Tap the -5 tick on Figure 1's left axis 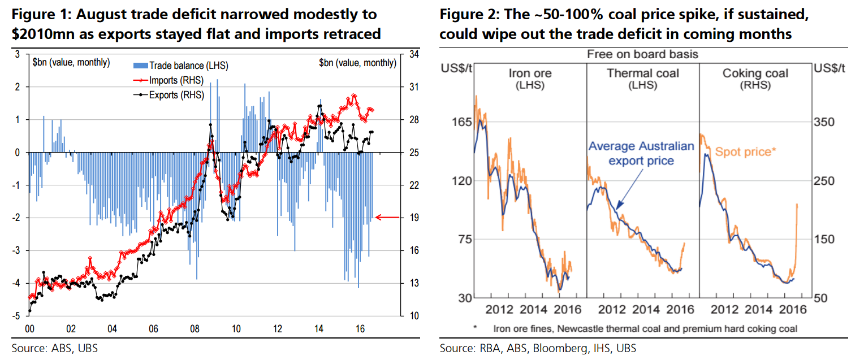coord(18,315)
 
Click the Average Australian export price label coord(641,153)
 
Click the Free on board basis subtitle coord(642,54)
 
